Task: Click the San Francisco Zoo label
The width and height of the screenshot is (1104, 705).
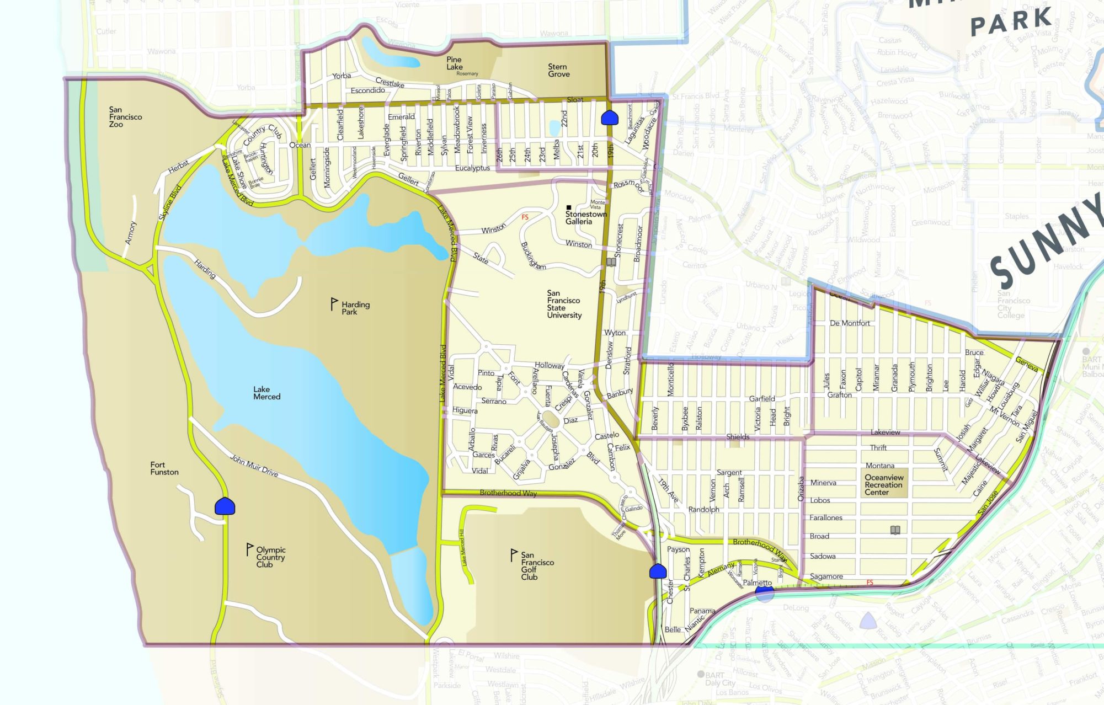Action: point(125,117)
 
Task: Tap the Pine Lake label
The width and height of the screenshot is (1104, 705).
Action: point(454,63)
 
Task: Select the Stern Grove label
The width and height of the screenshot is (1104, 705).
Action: point(558,70)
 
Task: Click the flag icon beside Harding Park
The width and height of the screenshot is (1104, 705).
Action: point(334,303)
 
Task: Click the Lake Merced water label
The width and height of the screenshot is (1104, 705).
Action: point(266,393)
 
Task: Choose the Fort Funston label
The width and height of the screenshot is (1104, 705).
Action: point(164,468)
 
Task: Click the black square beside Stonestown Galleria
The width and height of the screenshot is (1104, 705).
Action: point(569,207)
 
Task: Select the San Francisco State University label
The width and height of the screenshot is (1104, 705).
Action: point(564,304)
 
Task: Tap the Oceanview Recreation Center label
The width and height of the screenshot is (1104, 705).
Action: point(883,485)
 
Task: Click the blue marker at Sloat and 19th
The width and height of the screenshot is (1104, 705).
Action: point(609,117)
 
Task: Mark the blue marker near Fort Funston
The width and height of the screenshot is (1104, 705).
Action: point(225,506)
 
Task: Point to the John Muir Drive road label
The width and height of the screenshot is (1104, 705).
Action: point(254,466)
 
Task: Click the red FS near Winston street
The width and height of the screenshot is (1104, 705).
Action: point(525,217)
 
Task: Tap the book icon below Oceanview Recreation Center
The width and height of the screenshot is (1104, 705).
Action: point(895,530)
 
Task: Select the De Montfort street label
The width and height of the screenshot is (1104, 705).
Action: point(850,323)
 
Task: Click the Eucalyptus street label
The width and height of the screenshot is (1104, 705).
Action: point(472,168)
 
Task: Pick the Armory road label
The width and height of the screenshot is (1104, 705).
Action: point(130,233)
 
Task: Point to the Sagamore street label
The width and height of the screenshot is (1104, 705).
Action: point(826,576)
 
